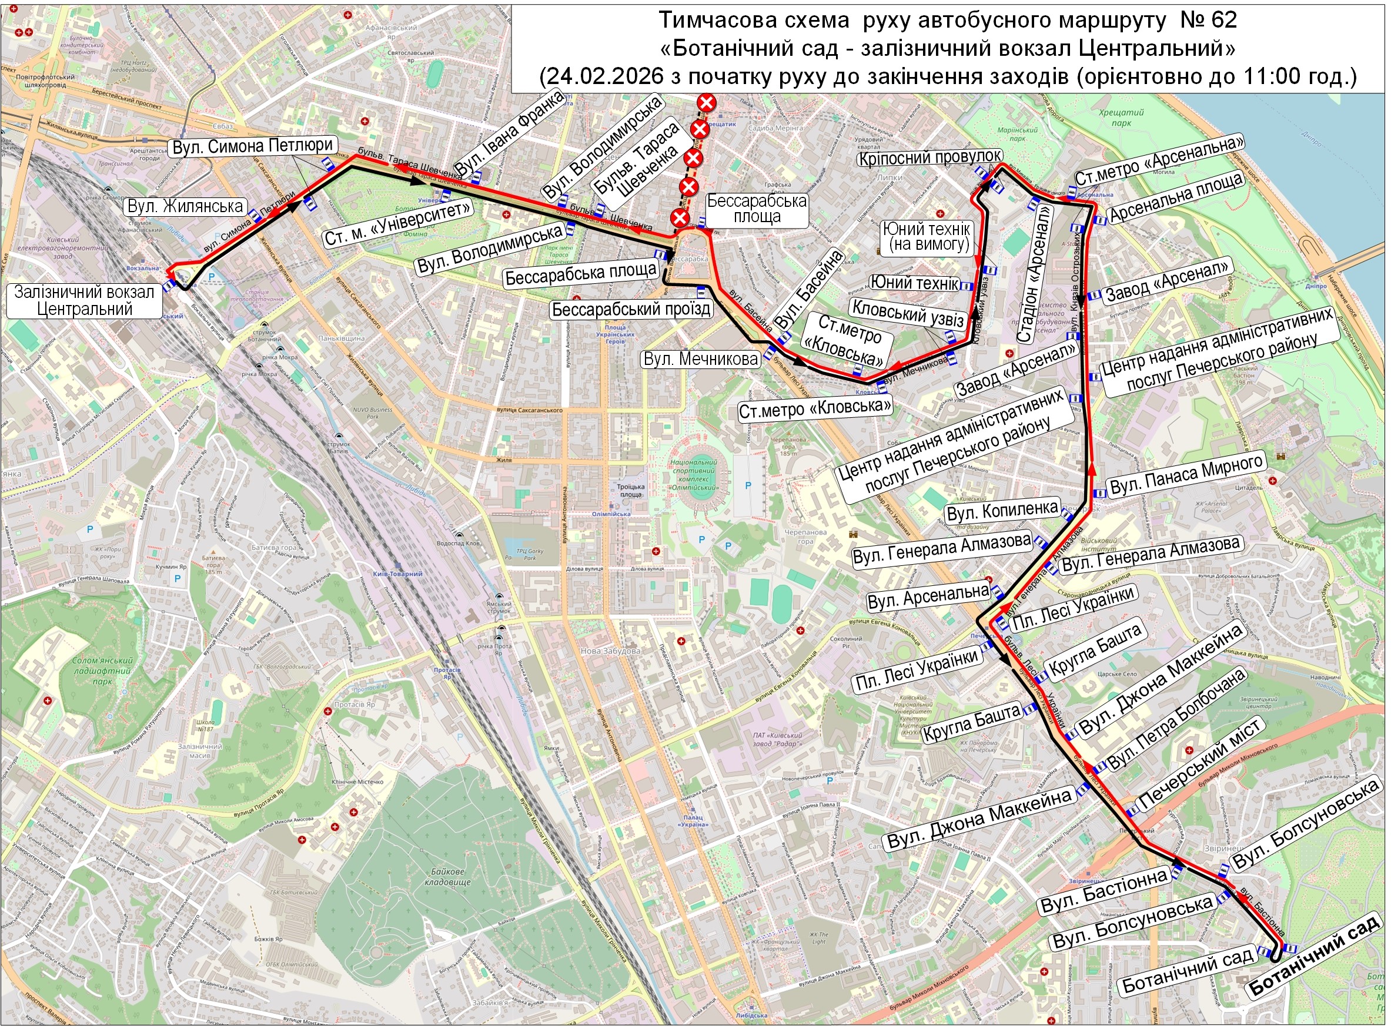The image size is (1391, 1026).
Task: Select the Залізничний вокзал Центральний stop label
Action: pyautogui.click(x=84, y=301)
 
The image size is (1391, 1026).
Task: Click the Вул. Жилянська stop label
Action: pyautogui.click(x=185, y=206)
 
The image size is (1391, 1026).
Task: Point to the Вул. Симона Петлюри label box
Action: pyautogui.click(x=252, y=146)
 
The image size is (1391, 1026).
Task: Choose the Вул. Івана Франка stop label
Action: pyautogui.click(x=511, y=132)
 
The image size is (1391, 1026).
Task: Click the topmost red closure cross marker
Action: pyautogui.click(x=706, y=102)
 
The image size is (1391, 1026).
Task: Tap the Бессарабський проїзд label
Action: pyautogui.click(x=631, y=309)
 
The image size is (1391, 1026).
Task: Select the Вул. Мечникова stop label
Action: pyautogui.click(x=700, y=359)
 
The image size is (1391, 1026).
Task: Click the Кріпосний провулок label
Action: pyautogui.click(x=929, y=157)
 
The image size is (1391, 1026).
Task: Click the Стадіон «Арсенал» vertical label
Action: pyautogui.click(x=1035, y=274)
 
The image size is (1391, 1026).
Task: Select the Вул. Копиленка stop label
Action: pyautogui.click(x=1001, y=511)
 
